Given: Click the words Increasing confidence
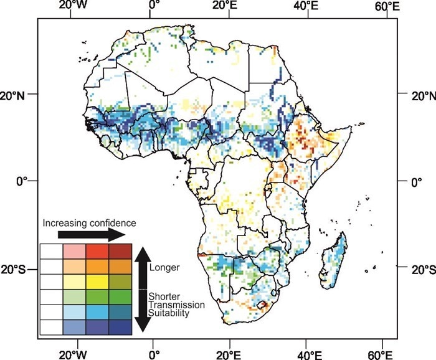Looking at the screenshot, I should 89,222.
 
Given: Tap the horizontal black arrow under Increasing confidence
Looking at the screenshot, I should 91,235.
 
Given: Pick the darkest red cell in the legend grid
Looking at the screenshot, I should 120,251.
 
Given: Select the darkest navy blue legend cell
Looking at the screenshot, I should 120,327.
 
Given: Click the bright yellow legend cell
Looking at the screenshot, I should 97,282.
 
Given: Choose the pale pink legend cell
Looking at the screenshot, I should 73,251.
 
